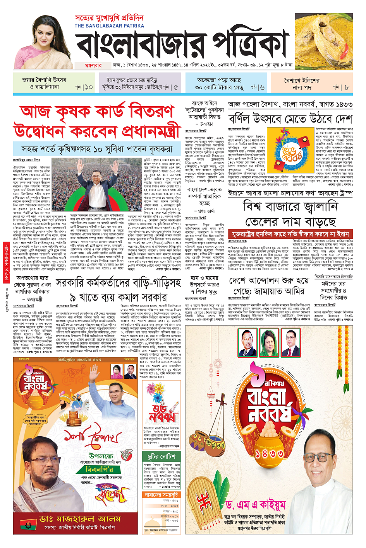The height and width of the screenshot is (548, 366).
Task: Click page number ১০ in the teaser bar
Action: click(89, 87)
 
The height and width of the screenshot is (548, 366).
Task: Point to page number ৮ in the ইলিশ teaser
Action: click(347, 87)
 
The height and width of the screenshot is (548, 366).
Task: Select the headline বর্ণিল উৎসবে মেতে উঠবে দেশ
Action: click(290, 118)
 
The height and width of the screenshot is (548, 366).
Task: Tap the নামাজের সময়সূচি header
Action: click(162, 495)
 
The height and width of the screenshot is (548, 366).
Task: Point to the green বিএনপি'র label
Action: click(100, 470)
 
